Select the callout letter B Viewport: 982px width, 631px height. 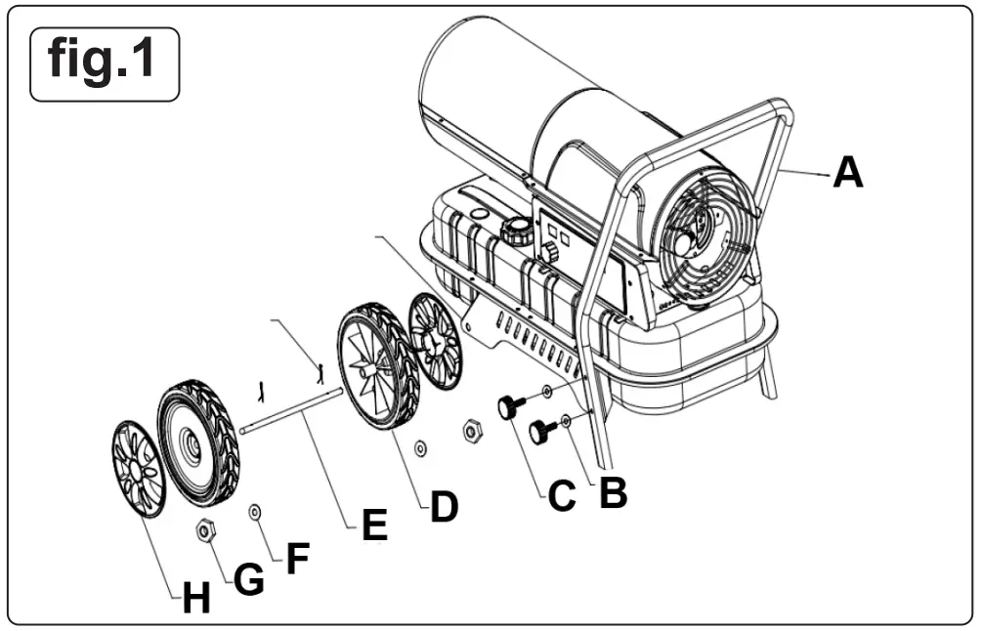click(x=612, y=493)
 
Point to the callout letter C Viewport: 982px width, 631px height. click(x=561, y=495)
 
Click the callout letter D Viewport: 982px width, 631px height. click(x=444, y=507)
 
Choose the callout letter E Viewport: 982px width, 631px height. click(x=373, y=526)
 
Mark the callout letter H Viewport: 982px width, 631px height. click(x=196, y=598)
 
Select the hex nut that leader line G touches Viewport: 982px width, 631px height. click(x=206, y=530)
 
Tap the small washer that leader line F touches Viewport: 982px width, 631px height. click(x=255, y=510)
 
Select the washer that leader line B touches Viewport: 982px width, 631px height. click(x=566, y=422)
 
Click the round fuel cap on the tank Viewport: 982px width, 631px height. click(x=516, y=231)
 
